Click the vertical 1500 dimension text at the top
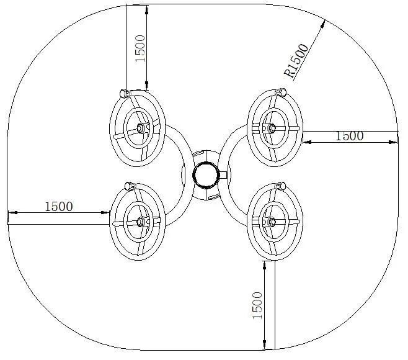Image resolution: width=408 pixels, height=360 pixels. pyautogui.click(x=140, y=48)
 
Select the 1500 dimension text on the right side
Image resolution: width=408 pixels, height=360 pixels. pyautogui.click(x=349, y=136)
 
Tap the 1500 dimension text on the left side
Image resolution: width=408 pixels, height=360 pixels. pyautogui.click(x=59, y=207)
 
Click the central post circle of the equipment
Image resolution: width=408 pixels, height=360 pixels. pyautogui.click(x=205, y=174)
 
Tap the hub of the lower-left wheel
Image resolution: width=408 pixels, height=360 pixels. pyautogui.click(x=140, y=222)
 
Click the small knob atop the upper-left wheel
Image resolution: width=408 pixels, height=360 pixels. pyautogui.click(x=123, y=93)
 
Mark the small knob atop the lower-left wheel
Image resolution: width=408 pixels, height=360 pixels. pyautogui.click(x=129, y=186)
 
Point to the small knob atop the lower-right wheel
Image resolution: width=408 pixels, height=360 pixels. pyautogui.click(x=282, y=186)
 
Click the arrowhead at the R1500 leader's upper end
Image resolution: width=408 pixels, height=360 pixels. pyautogui.click(x=323, y=24)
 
